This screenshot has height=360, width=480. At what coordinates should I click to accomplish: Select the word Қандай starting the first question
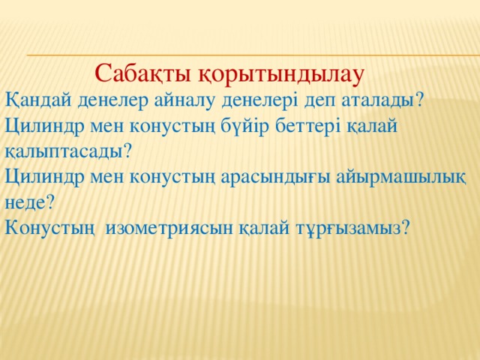[x=38, y=100]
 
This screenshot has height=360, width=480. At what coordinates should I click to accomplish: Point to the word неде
[x=25, y=203]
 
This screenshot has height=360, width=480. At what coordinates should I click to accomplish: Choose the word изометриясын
[x=169, y=229]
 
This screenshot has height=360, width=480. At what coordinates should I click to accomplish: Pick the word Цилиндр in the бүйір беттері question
[x=44, y=127]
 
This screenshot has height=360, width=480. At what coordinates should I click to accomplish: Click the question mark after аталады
[x=417, y=100]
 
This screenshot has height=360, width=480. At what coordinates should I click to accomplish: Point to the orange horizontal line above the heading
[x=253, y=55]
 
